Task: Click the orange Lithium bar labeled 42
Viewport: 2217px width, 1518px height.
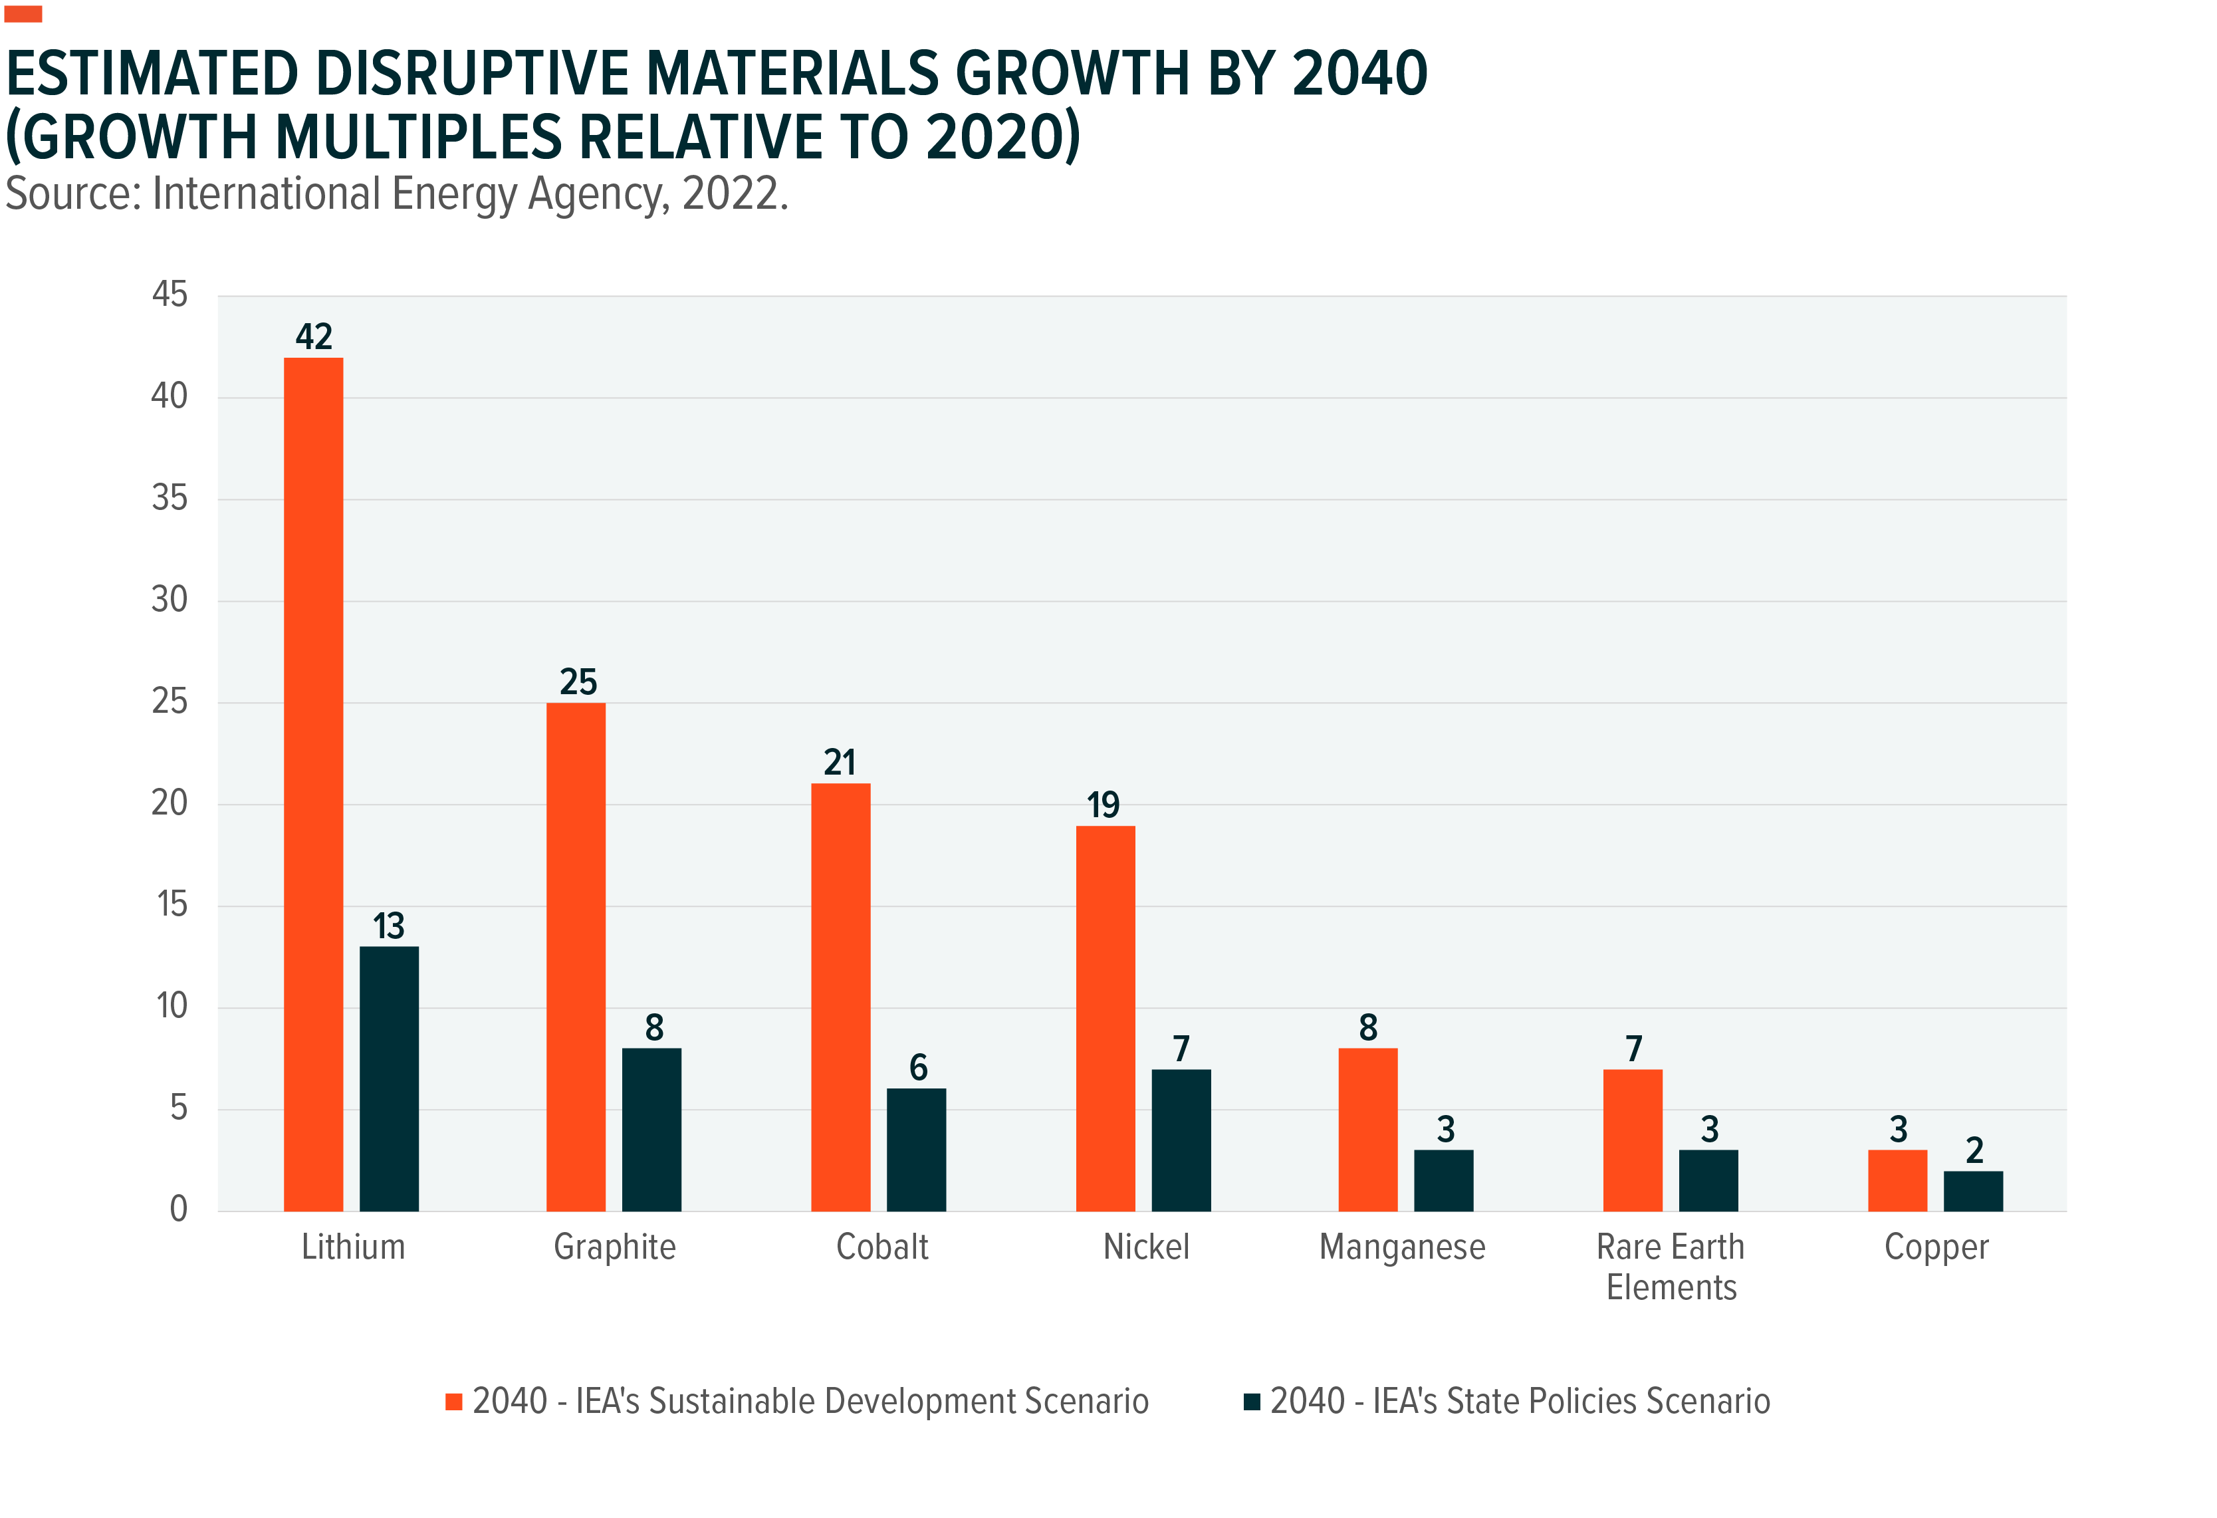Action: (x=313, y=783)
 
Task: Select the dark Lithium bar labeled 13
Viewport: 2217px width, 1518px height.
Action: (x=388, y=1078)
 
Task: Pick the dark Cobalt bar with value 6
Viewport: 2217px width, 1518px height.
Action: (x=916, y=1149)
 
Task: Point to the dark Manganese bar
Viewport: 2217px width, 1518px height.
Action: (x=1443, y=1180)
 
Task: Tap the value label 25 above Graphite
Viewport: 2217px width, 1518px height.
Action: (x=577, y=682)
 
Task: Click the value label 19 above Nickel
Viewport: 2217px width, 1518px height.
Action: (x=1103, y=805)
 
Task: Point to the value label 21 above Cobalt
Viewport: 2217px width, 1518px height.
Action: (x=840, y=763)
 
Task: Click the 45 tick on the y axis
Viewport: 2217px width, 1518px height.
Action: (x=170, y=294)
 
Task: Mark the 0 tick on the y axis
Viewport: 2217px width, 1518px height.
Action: (x=178, y=1209)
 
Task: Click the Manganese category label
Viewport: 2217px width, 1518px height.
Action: (x=1401, y=1247)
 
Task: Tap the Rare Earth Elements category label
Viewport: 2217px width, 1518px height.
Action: (x=1671, y=1266)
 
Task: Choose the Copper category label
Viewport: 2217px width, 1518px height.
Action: (x=1936, y=1247)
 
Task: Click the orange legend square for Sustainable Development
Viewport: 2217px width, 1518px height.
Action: (x=454, y=1402)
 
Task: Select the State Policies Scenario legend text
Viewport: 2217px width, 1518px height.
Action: (x=1520, y=1401)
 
